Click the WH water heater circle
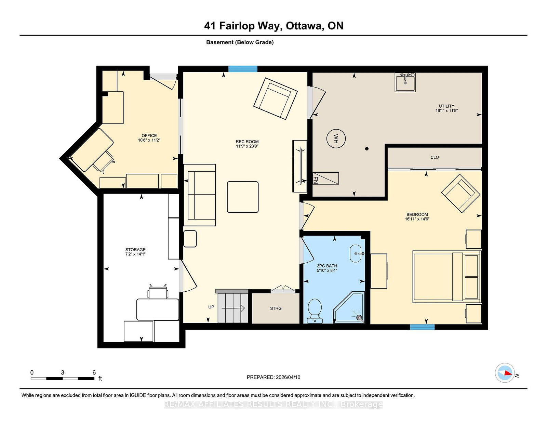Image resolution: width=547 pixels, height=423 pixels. pyautogui.click(x=336, y=138)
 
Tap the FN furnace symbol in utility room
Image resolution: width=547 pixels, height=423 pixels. pyautogui.click(x=325, y=179)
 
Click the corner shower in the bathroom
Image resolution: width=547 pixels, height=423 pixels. pyautogui.click(x=349, y=308)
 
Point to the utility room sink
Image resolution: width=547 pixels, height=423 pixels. pyautogui.click(x=405, y=82)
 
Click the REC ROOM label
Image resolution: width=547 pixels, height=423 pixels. pyautogui.click(x=247, y=142)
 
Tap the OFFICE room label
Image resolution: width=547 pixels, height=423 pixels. pyautogui.click(x=149, y=136)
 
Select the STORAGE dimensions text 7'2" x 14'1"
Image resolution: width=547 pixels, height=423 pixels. pyautogui.click(x=135, y=254)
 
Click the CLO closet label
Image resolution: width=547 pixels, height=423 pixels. pyautogui.click(x=435, y=157)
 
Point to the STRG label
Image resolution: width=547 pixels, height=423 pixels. pyautogui.click(x=276, y=308)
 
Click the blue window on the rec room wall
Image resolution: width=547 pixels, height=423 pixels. pyautogui.click(x=243, y=69)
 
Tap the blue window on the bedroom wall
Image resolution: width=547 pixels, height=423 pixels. pyautogui.click(x=422, y=327)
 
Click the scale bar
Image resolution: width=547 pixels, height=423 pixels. pyautogui.click(x=63, y=379)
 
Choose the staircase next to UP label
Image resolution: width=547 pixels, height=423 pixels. pyautogui.click(x=232, y=306)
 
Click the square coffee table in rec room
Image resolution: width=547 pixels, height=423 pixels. pyautogui.click(x=243, y=197)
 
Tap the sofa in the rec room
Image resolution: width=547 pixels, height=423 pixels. pyautogui.click(x=200, y=195)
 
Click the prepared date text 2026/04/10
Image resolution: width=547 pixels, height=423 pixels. pyautogui.click(x=288, y=378)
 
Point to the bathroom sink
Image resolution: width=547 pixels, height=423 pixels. pyautogui.click(x=356, y=253)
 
